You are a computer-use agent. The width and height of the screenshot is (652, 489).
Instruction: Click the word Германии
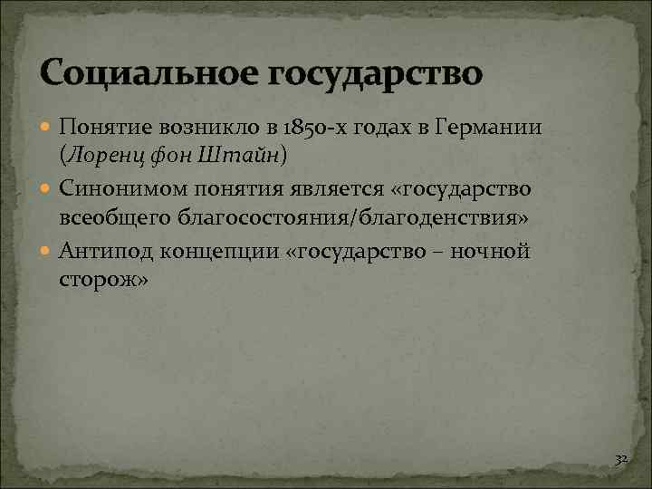[489, 128]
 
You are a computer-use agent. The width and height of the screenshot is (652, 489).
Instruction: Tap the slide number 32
[620, 460]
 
